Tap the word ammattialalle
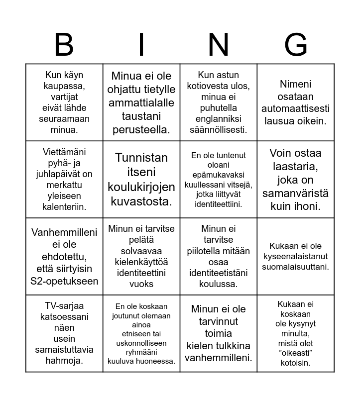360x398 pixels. (141, 103)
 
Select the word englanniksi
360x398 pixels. (219, 119)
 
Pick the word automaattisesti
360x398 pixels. (296, 108)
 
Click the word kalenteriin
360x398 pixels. (64, 206)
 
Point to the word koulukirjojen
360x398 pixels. (141, 187)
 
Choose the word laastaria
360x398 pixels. (295, 166)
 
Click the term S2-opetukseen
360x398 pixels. (64, 281)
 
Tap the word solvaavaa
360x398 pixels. (141, 251)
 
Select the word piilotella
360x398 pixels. (219, 251)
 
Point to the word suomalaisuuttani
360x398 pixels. (296, 267)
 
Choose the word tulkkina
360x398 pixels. (233, 345)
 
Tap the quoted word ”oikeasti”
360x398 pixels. (295, 353)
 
